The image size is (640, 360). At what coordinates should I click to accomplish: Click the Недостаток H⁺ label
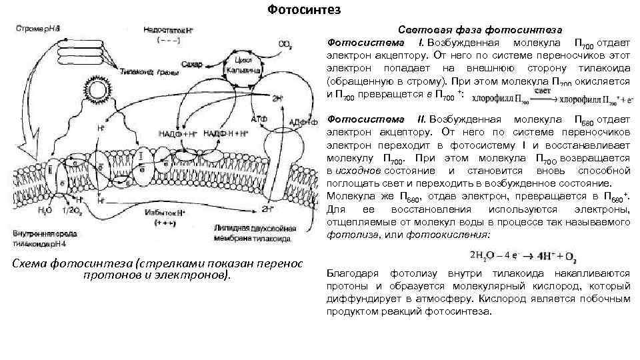pos(164,31)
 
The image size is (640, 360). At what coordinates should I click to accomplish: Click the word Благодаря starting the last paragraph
pos(353,273)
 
